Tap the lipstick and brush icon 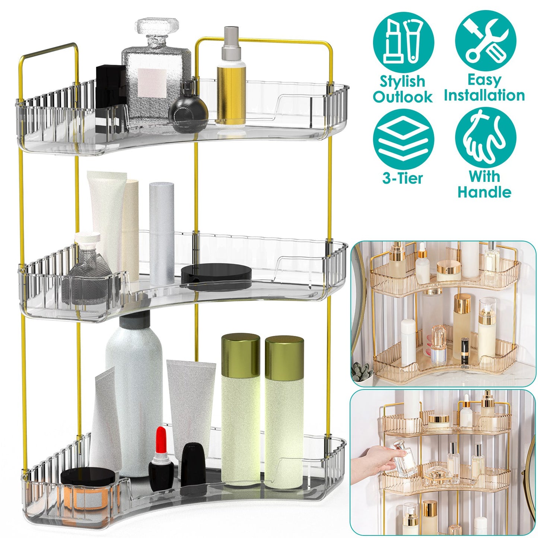403,42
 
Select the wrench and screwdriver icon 486,41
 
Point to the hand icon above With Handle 486,139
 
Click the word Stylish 402,81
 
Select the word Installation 484,95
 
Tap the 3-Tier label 402,178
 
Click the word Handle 484,192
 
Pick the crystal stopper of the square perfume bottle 157,28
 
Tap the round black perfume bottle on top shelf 188,112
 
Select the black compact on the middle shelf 216,276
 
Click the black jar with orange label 88,488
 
